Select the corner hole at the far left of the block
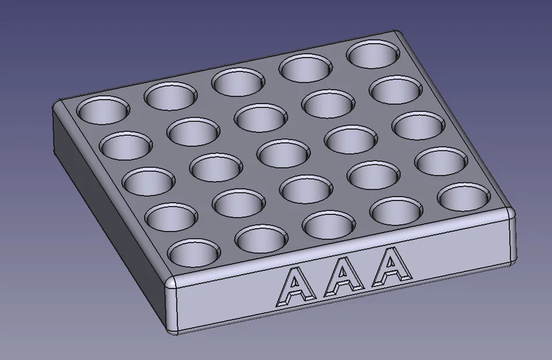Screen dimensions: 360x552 104,109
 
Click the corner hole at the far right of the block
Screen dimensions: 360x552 460,196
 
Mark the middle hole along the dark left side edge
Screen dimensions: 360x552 148,180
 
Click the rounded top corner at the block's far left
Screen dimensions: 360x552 60,104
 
